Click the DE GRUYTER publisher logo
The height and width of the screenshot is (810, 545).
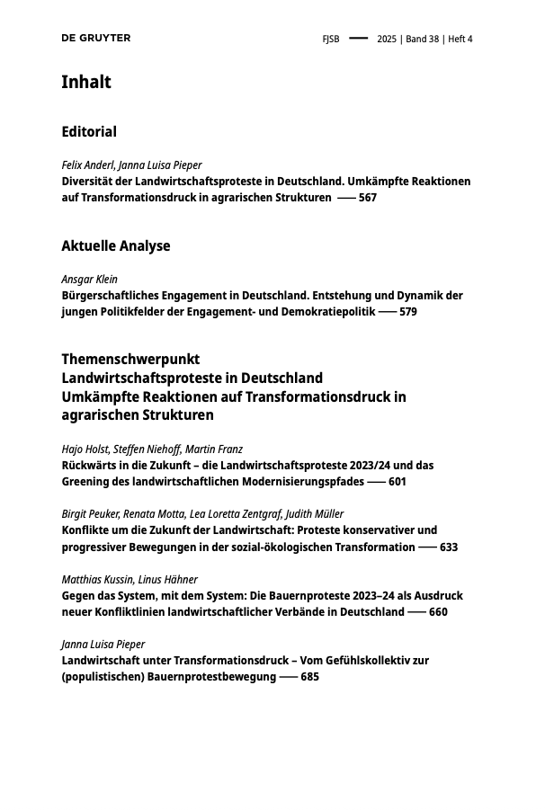95,38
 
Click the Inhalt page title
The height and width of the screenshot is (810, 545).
86,82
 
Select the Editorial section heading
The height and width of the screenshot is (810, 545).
89,131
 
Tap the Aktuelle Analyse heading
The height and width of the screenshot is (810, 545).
115,245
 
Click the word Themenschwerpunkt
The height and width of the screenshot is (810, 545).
130,359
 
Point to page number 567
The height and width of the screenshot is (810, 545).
368,198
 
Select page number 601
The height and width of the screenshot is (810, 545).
398,482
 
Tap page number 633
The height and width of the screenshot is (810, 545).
449,547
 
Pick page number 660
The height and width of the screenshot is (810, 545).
438,612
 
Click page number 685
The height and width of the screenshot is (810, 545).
309,677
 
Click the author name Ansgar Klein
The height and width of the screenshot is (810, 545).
89,279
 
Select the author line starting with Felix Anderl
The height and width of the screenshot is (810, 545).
131,165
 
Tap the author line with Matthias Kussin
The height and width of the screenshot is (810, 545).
130,579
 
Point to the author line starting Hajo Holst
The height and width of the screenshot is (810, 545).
152,449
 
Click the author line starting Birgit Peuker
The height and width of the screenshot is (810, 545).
202,514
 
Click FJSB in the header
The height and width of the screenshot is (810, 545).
331,39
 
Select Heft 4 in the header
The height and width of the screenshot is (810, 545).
460,39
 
